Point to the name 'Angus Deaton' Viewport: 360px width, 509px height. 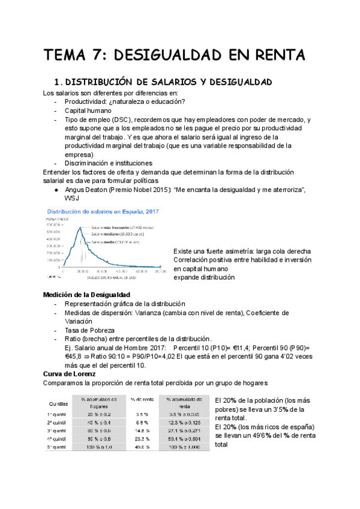pyautogui.click(x=86, y=190)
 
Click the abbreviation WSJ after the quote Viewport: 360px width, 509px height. pyautogui.click(x=73, y=198)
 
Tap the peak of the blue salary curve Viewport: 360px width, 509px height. pyautogui.click(x=79, y=227)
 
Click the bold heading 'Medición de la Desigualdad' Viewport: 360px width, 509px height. pyautogui.click(x=86, y=295)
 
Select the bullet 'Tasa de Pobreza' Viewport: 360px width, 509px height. pyautogui.click(x=89, y=330)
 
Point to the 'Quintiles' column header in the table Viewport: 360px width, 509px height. pyautogui.click(x=58, y=403)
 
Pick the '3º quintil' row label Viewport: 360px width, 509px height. pyautogui.click(x=58, y=429)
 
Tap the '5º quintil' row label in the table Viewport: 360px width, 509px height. pyautogui.click(x=58, y=447)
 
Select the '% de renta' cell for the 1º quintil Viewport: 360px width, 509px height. pyautogui.click(x=142, y=414)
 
